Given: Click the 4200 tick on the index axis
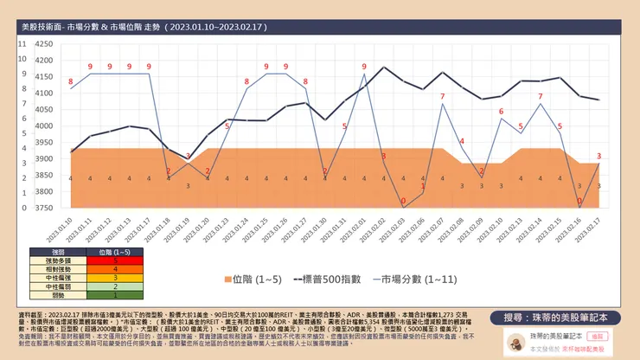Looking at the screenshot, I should (x=41, y=61).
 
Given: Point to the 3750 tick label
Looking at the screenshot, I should (x=41, y=209).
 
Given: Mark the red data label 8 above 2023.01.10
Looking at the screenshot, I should (x=71, y=81).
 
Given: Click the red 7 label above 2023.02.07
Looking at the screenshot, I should (x=442, y=96).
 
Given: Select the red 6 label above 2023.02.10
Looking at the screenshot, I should (x=501, y=112).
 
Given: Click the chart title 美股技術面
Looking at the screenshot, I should (x=52, y=29).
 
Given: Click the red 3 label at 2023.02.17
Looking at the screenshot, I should (x=599, y=156).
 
